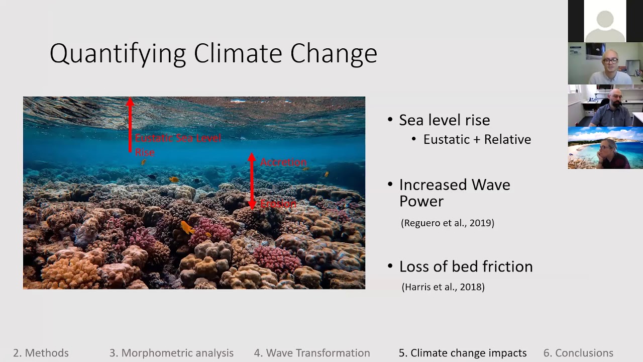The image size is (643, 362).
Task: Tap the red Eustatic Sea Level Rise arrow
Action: coord(130,126)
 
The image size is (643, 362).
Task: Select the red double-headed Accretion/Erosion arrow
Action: coord(252,181)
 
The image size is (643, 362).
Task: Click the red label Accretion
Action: coord(283,162)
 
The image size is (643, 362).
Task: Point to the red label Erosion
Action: coord(278,204)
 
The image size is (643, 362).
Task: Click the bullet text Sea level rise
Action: coord(444,120)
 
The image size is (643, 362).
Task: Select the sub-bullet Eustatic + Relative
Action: coord(477,139)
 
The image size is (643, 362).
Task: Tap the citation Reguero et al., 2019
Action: coord(448,223)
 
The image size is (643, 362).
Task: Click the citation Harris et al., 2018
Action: coord(443,287)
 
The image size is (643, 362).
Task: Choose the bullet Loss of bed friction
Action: coord(466,266)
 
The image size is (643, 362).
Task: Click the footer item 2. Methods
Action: coord(41,353)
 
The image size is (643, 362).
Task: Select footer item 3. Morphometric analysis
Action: coord(171,353)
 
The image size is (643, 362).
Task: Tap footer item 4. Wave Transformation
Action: coord(312,353)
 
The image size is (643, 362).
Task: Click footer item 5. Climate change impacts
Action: coord(463,353)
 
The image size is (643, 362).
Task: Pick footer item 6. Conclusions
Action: coord(578,353)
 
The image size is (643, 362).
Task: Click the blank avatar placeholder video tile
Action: coord(605,21)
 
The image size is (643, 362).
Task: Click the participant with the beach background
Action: coord(605,148)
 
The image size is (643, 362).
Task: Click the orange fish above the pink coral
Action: coord(187,228)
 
